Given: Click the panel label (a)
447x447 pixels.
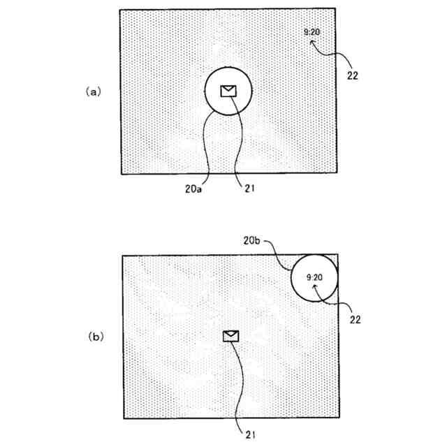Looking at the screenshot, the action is (x=94, y=91).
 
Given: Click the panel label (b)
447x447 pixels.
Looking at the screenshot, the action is (x=95, y=336).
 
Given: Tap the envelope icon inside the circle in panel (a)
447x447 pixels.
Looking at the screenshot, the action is (x=228, y=91).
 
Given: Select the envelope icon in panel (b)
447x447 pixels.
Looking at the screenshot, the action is (x=230, y=336).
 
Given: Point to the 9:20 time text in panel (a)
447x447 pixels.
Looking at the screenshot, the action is (x=312, y=31).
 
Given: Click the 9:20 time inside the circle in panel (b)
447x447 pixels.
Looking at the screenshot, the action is (x=314, y=277).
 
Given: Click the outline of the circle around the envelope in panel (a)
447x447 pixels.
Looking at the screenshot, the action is (x=205, y=91).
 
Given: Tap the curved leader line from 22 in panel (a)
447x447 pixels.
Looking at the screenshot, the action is (x=335, y=54).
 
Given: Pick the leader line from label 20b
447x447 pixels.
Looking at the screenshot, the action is (x=283, y=255).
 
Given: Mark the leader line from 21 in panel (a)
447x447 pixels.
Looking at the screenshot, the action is (x=240, y=140).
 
